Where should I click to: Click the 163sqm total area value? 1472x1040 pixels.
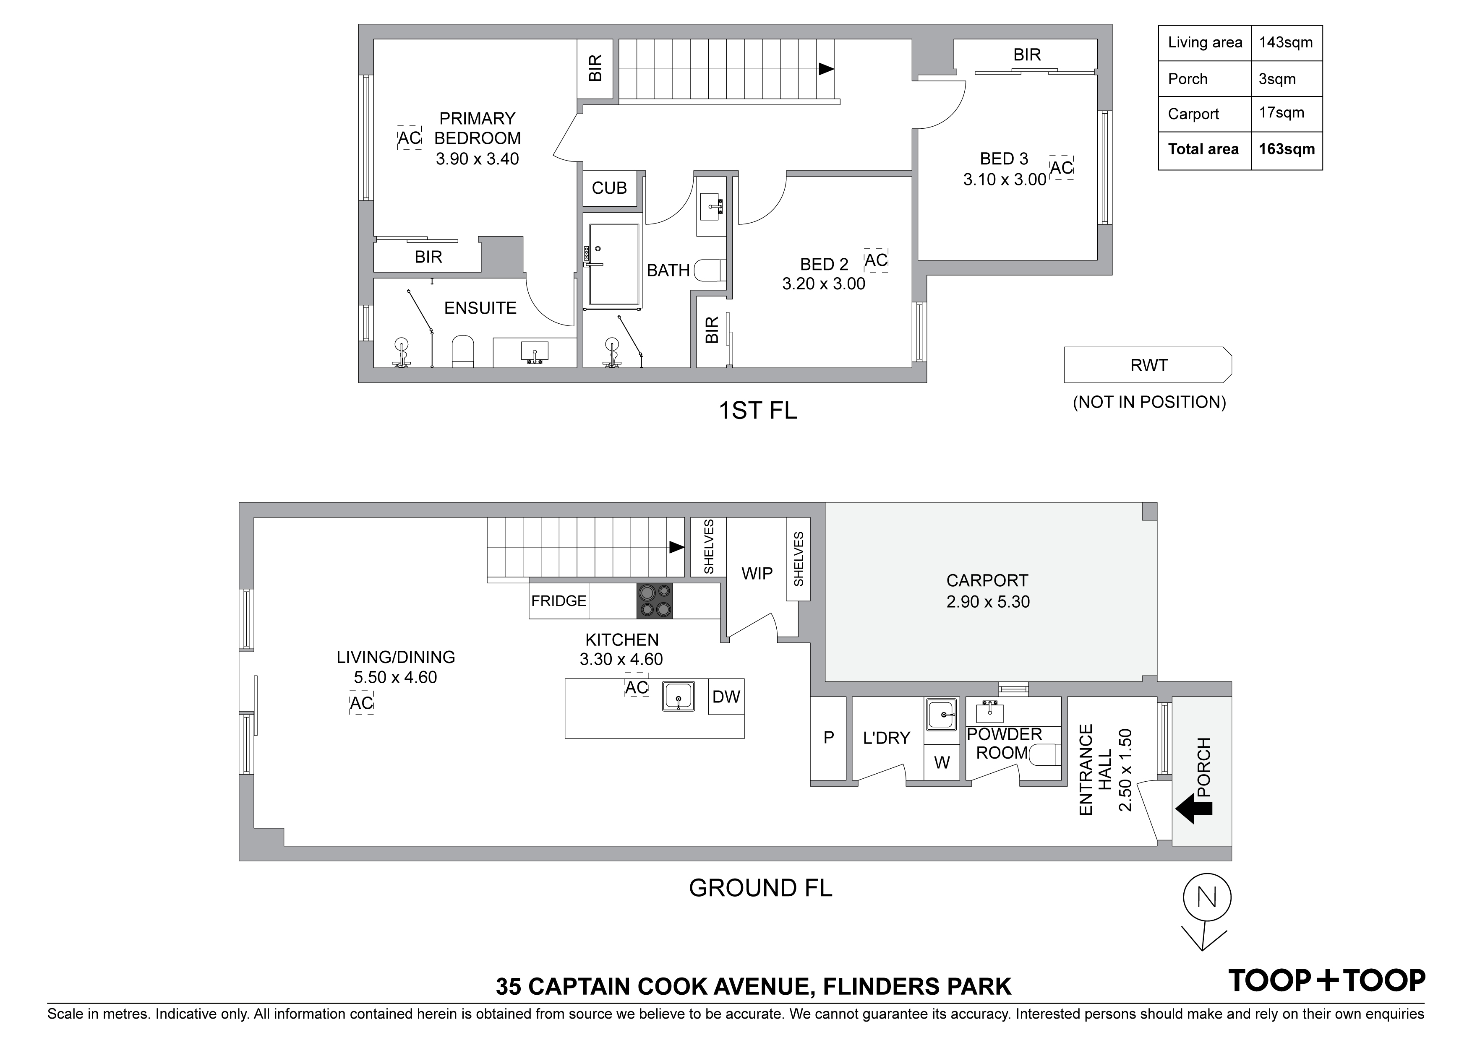pyautogui.click(x=1286, y=149)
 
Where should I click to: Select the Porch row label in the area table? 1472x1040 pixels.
pyautogui.click(x=1188, y=79)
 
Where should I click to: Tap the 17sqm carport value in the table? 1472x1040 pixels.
pyautogui.click(x=1281, y=113)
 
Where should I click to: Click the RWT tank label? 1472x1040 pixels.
pyautogui.click(x=1149, y=365)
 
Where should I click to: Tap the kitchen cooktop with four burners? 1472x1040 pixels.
pyautogui.click(x=655, y=601)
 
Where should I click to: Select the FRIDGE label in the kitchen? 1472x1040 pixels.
pyautogui.click(x=559, y=601)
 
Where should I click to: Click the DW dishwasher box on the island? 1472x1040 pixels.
pyautogui.click(x=726, y=697)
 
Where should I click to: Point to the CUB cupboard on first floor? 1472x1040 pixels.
pyautogui.click(x=609, y=188)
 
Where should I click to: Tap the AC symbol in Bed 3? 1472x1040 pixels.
pyautogui.click(x=1062, y=168)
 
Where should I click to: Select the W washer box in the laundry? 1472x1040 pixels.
pyautogui.click(x=942, y=762)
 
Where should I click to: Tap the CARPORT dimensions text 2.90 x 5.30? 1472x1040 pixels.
pyautogui.click(x=988, y=602)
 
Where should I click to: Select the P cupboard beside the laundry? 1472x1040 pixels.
pyautogui.click(x=828, y=738)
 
